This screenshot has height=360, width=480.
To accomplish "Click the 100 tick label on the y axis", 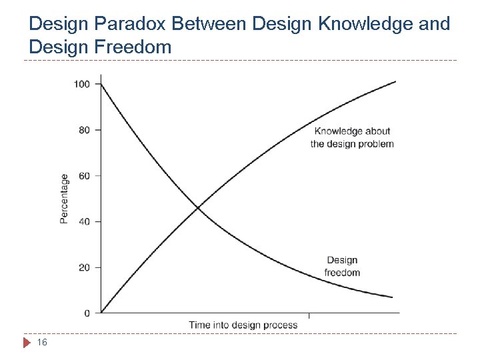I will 82,84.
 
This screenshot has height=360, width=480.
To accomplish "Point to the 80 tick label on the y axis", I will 85,130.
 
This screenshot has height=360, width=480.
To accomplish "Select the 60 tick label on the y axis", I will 85,176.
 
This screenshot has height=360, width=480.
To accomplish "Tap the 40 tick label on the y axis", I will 85,221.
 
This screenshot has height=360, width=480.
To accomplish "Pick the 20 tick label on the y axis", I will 85,267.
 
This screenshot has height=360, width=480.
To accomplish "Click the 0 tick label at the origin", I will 87,313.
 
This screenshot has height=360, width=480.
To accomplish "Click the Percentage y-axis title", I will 64,199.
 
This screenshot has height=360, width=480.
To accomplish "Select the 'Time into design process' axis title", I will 243,325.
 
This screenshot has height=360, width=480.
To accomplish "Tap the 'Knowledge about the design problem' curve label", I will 352,137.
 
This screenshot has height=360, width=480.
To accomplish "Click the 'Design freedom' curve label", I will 342,266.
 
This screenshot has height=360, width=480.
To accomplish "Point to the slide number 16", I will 42,343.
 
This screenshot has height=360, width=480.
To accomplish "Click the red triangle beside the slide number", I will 27,343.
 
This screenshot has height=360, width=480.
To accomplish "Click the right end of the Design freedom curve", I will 393,297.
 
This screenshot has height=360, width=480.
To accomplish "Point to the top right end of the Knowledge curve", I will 395,81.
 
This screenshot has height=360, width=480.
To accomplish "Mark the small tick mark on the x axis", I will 308,315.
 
